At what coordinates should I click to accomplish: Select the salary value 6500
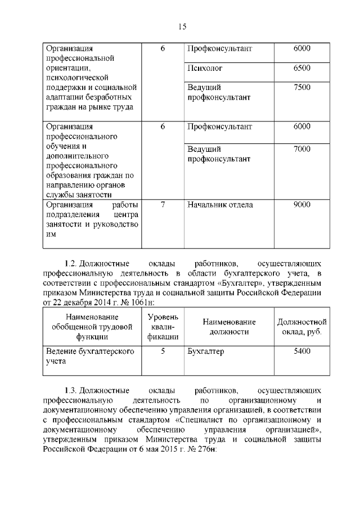point(301,68)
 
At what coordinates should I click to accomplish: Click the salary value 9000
point(301,205)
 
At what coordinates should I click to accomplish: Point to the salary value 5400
point(301,352)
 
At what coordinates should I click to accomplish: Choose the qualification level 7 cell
point(163,205)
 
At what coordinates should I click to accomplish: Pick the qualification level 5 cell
point(163,352)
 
